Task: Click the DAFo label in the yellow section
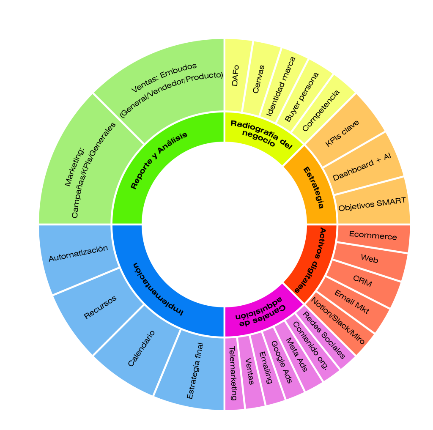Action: pos(235,76)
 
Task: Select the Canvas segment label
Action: pos(258,79)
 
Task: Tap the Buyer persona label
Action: pos(301,98)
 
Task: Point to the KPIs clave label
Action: pos(342,134)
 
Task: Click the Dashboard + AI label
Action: pos(362,164)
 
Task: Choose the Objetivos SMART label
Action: pos(372,204)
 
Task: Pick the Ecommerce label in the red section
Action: pos(373,236)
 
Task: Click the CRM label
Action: pos(362,281)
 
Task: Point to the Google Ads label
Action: pos(282,362)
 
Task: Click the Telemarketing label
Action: pos(232,373)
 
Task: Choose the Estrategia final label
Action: pos(195,371)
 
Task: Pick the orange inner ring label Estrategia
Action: pos(314,187)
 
